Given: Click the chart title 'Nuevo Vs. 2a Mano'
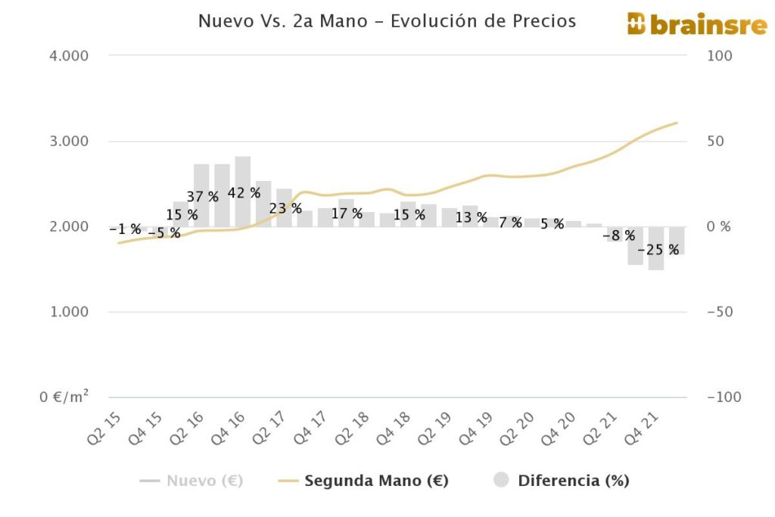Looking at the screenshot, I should point(387,21).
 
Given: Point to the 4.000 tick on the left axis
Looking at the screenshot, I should point(70,56).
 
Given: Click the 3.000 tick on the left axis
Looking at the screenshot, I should point(70,142).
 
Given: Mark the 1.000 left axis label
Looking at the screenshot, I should point(70,312).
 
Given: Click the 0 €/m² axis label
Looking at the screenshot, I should point(64,397).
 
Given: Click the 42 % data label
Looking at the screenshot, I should point(244,193).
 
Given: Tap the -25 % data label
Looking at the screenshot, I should point(658,250).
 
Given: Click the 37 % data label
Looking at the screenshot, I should point(202,198).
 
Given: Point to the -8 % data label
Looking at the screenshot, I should point(619,235).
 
